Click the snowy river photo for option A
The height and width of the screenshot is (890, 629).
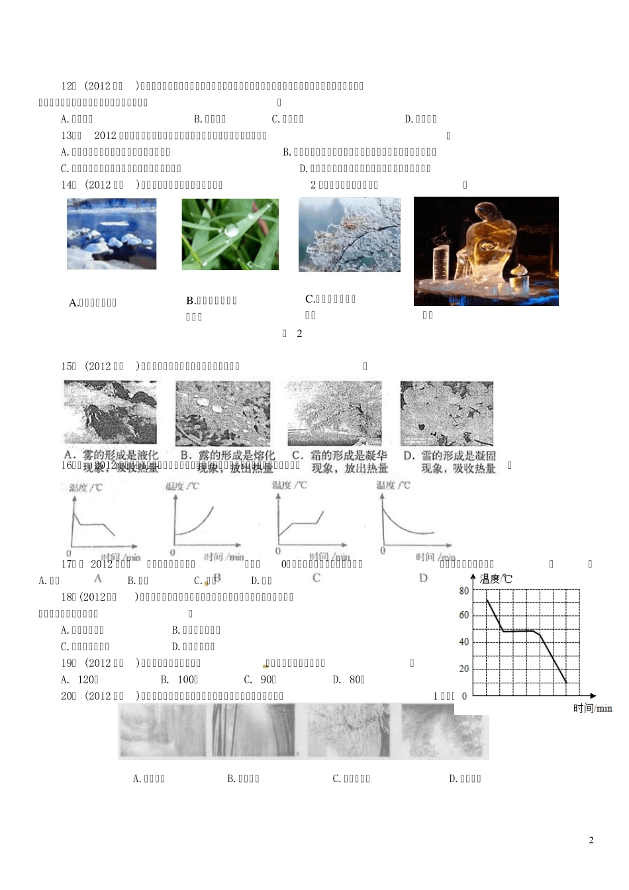tap(111, 234)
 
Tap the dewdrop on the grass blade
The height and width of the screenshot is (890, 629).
tap(230, 230)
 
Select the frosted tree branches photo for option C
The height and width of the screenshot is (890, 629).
tap(349, 234)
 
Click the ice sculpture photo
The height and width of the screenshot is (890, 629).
tap(486, 251)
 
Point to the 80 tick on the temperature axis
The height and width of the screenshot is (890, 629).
tap(464, 591)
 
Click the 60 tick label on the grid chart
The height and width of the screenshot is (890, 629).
tap(464, 615)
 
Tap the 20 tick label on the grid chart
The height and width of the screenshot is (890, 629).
tap(464, 669)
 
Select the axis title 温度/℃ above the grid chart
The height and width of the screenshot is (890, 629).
tap(496, 579)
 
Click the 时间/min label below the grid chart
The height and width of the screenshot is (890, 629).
tap(593, 709)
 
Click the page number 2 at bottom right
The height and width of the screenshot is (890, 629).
tap(591, 840)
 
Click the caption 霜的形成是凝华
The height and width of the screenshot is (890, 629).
tap(339, 456)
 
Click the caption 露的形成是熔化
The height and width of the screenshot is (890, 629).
tap(227, 456)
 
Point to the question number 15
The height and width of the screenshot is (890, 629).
tap(68, 366)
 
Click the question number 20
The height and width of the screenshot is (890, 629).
tap(68, 696)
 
